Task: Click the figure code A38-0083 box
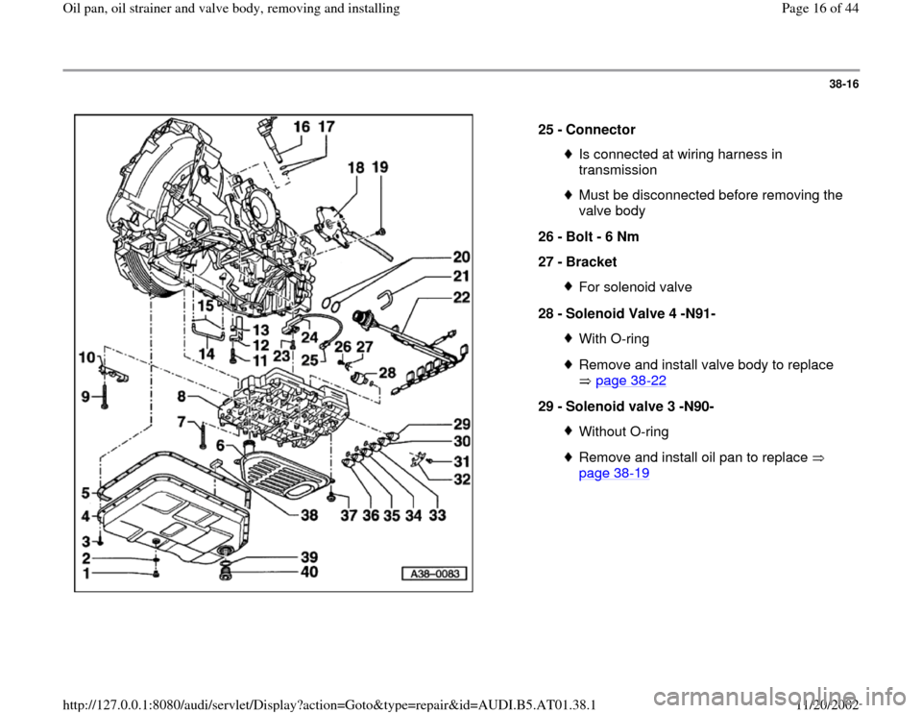point(433,575)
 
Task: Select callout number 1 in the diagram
point(88,575)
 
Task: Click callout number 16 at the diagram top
point(301,126)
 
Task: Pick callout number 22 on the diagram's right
point(461,299)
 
